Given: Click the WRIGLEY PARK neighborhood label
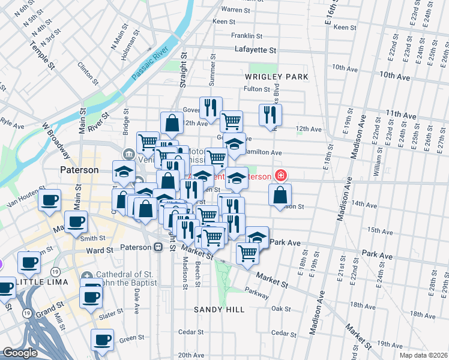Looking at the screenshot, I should (x=276, y=77).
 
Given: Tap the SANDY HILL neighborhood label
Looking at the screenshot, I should (x=219, y=310).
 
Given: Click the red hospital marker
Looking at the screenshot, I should (x=279, y=175).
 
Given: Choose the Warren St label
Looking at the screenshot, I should (x=235, y=10).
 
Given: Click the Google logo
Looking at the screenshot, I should (x=19, y=353).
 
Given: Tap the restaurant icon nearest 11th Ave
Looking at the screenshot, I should (x=270, y=114).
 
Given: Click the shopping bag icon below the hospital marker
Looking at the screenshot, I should (x=280, y=195).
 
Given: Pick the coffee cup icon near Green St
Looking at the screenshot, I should (x=102, y=340).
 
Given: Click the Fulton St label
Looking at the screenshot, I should (x=256, y=89).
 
